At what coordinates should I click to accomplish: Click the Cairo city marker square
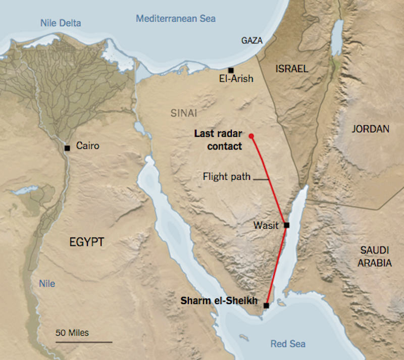67,148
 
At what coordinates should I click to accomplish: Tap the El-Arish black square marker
231,70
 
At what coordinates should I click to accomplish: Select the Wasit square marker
286,225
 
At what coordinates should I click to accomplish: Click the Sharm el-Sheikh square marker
266,305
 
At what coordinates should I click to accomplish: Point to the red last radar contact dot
251,135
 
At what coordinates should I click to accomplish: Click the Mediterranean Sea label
176,19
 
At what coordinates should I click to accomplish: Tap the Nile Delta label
61,23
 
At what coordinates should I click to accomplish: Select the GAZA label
252,40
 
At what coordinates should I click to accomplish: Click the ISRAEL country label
292,69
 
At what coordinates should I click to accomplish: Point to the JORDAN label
371,129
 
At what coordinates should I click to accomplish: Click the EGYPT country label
86,242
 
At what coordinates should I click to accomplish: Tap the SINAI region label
184,113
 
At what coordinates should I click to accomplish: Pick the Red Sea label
287,344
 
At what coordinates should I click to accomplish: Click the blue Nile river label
47,284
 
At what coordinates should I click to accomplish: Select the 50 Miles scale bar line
83,342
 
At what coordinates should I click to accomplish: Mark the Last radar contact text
218,140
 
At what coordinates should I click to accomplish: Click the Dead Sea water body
336,38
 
